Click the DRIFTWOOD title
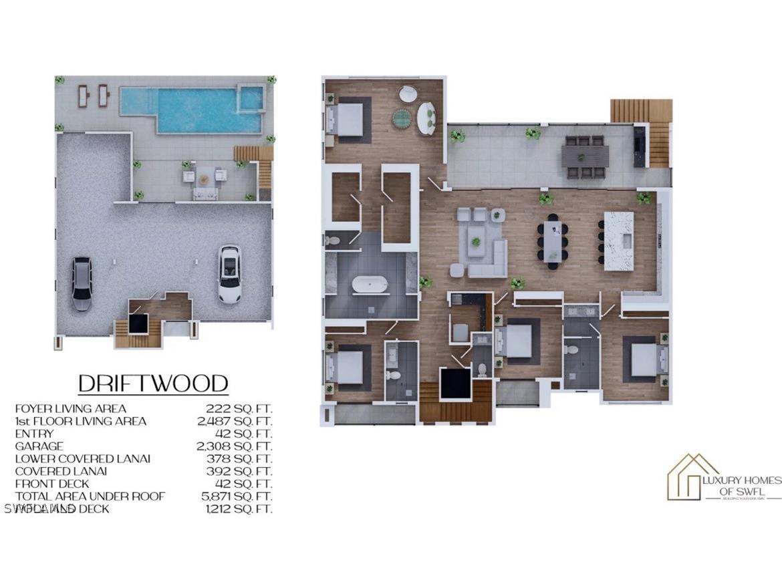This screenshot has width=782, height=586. click(153, 384)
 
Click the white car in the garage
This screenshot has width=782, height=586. click(229, 274)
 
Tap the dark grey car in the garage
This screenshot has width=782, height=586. click(82, 284)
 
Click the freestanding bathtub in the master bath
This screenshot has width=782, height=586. click(370, 284)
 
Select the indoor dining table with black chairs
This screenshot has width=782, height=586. click(553, 241)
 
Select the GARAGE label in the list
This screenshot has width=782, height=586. click(39, 446)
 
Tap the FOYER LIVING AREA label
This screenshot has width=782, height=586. click(70, 408)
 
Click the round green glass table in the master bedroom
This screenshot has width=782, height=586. click(402, 118)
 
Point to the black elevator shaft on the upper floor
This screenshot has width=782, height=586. click(455, 384)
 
